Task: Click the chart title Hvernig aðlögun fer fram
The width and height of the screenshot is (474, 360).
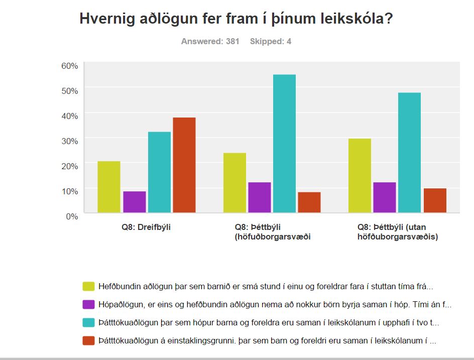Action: coord(236,19)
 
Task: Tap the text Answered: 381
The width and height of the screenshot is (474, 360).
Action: coord(210,41)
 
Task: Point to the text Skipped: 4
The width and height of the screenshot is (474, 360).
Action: coord(271,41)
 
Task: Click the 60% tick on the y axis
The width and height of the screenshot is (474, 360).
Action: coord(69,66)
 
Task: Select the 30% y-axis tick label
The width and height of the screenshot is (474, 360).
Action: coord(69,141)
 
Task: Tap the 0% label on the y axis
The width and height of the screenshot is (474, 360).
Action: coord(71,216)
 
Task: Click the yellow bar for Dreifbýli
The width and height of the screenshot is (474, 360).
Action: coord(109,187)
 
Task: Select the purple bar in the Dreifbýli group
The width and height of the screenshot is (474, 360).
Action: coord(134,202)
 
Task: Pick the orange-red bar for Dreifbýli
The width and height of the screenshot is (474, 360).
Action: coord(184,165)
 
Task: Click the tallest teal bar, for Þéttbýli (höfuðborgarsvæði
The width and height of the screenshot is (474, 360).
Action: coord(284,144)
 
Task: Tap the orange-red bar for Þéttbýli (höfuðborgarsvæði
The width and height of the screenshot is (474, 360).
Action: coord(309,202)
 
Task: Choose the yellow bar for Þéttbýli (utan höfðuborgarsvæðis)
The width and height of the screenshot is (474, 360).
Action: coord(360,176)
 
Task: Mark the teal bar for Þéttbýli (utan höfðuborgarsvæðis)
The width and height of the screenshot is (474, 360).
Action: coord(409,153)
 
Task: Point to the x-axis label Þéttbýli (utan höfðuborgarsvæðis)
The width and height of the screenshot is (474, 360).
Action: coord(398,231)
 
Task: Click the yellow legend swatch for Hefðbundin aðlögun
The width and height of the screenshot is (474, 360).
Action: coord(88,286)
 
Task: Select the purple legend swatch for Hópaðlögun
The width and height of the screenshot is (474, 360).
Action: coord(88,304)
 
